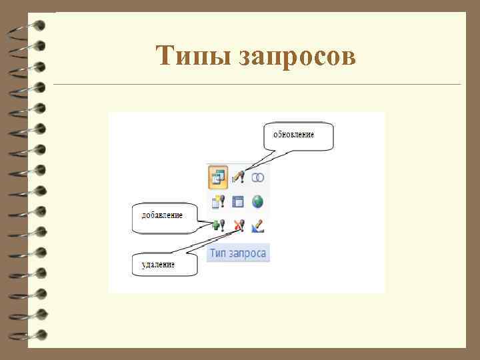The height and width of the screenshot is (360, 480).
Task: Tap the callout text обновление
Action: (294, 135)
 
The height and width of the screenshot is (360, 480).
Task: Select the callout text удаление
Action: (159, 265)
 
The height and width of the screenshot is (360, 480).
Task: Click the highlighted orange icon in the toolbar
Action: (217, 177)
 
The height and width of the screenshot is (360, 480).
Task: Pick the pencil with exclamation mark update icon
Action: (238, 177)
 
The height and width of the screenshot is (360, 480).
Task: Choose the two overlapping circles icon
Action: (258, 177)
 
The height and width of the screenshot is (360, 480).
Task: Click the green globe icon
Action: (258, 201)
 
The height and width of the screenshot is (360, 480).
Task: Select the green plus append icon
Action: (218, 225)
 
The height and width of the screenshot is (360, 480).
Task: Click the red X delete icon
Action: (238, 225)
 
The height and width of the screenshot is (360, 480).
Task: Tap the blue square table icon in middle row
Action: (238, 201)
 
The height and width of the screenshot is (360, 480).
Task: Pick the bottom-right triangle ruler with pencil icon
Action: (258, 226)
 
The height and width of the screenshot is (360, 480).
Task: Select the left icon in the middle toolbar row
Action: (218, 201)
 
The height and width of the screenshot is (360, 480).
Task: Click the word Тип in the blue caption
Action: (219, 253)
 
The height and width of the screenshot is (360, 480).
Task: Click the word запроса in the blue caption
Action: (248, 253)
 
